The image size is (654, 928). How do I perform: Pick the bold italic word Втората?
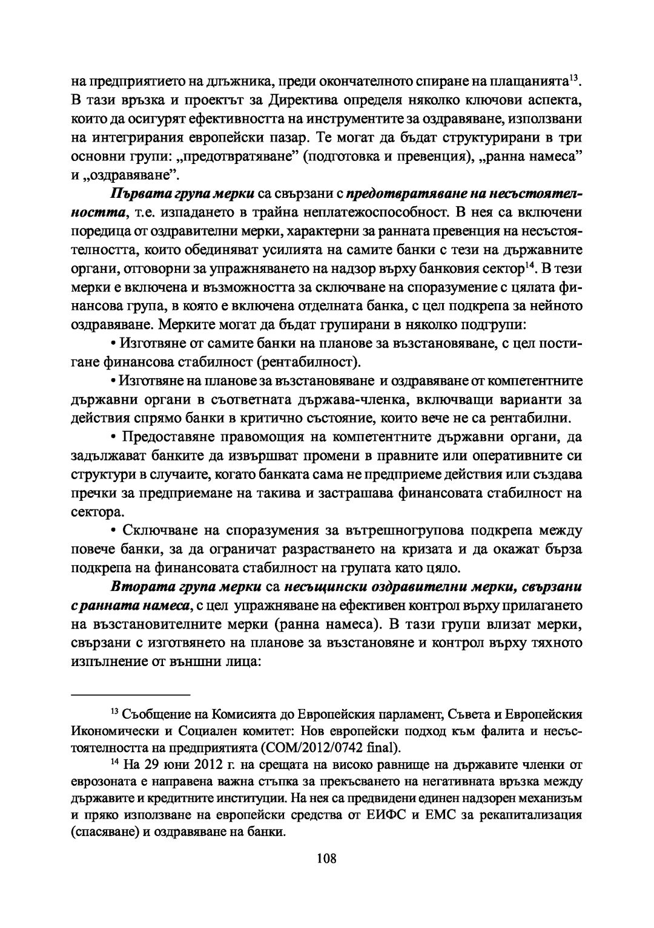135,587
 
